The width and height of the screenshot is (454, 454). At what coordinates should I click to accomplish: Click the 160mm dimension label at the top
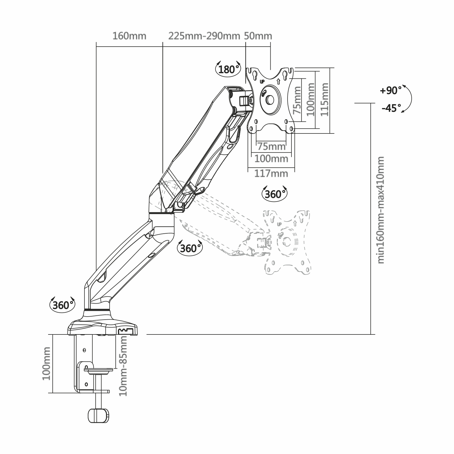coord(129,36)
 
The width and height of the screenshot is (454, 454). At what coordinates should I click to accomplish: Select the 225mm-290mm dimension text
coord(204,36)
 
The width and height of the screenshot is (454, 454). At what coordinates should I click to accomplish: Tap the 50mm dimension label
coord(258,36)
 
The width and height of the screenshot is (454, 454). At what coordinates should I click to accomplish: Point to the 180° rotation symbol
coord(227,69)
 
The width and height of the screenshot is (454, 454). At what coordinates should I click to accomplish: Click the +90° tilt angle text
coord(391,90)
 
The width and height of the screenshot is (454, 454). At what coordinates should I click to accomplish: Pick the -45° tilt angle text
coord(391,108)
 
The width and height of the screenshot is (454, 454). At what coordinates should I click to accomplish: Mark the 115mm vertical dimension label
coord(325,100)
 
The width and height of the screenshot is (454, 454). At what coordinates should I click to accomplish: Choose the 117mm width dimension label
coord(271,173)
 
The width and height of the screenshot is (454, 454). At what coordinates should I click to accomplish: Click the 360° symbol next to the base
coord(62,305)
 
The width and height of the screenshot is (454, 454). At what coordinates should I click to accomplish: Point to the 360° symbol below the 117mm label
coord(274,194)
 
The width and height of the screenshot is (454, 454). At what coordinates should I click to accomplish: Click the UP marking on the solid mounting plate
coord(262,81)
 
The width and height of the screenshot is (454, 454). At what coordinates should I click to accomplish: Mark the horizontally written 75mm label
coord(271,146)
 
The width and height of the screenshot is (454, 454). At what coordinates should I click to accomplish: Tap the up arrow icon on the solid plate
coord(278,81)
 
